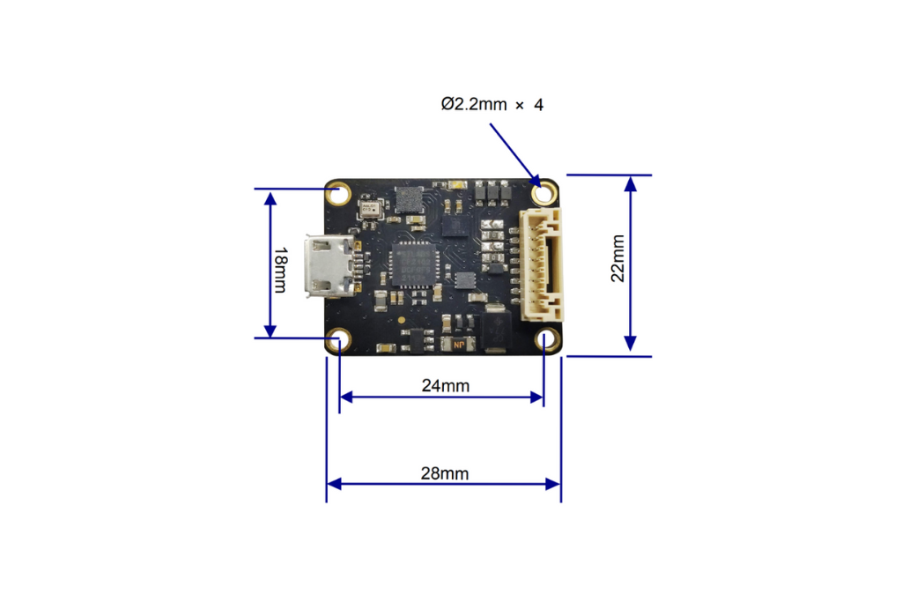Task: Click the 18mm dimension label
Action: pyautogui.click(x=279, y=263)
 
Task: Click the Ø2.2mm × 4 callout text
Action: pyautogui.click(x=492, y=105)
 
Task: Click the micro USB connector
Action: pyautogui.click(x=330, y=266)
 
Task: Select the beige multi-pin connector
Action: pyautogui.click(x=543, y=264)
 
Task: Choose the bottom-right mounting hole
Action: pyautogui.click(x=546, y=340)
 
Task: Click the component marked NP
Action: pyautogui.click(x=458, y=343)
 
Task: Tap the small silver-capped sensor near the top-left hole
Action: pyautogui.click(x=370, y=209)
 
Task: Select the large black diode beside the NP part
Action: pyautogui.click(x=495, y=330)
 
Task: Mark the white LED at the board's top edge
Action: pyautogui.click(x=457, y=183)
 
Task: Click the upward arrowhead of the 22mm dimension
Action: pyautogui.click(x=631, y=183)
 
